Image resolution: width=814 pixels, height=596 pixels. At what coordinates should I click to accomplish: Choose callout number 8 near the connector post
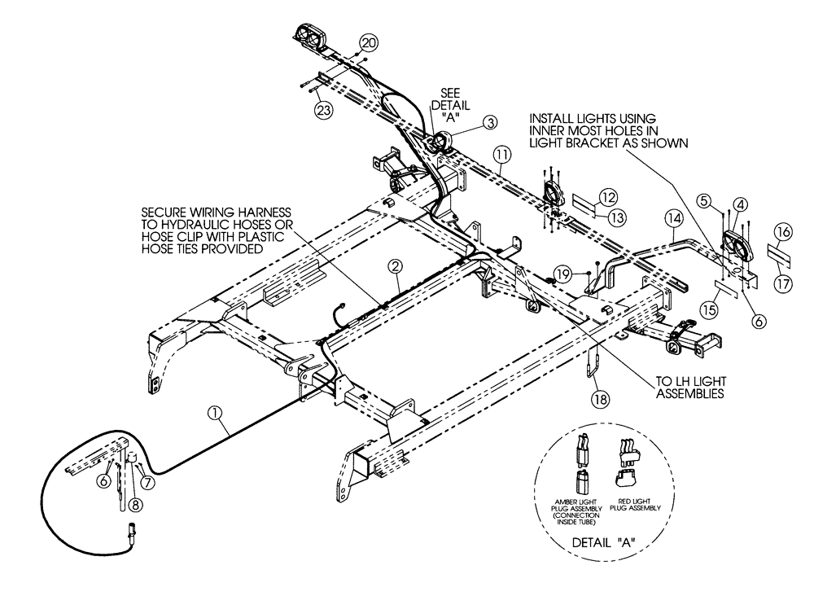tap(133, 504)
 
